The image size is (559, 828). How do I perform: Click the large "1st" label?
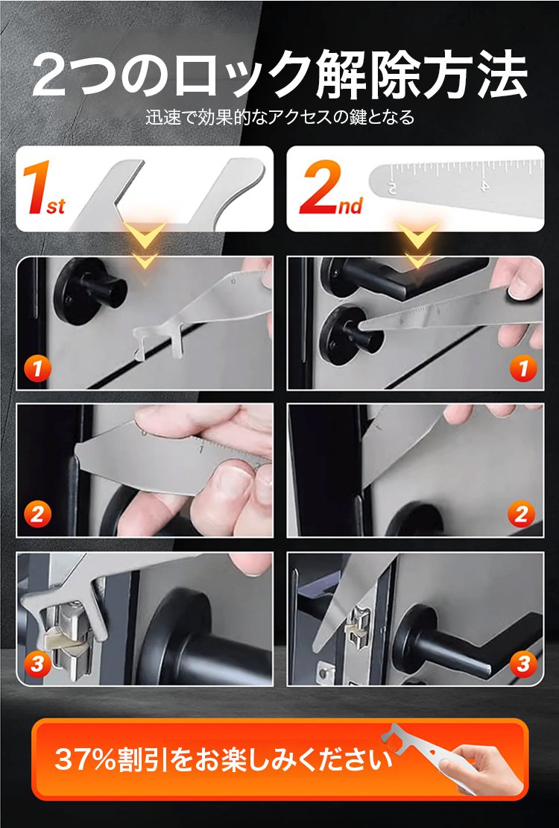pyautogui.click(x=44, y=189)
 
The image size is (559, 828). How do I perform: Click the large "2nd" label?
pyautogui.click(x=331, y=189)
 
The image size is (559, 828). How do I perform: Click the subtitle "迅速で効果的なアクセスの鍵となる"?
pyautogui.click(x=279, y=117)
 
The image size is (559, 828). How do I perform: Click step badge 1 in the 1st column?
pyautogui.click(x=37, y=368)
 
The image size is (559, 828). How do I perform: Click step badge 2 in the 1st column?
pyautogui.click(x=37, y=514)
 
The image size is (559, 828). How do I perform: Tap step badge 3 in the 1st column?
pyautogui.click(x=37, y=663)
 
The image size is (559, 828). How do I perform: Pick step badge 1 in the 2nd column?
pyautogui.click(x=523, y=368)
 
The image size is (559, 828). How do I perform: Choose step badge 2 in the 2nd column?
pyautogui.click(x=521, y=514)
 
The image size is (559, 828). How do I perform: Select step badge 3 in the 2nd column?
pyautogui.click(x=523, y=663)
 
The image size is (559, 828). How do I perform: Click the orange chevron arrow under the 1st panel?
pyautogui.click(x=144, y=245)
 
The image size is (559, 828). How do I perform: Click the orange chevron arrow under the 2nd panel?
pyautogui.click(x=417, y=245)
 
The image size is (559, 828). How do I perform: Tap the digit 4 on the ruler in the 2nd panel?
pyautogui.click(x=484, y=185)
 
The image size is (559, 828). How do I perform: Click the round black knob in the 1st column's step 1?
pyautogui.click(x=89, y=291)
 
